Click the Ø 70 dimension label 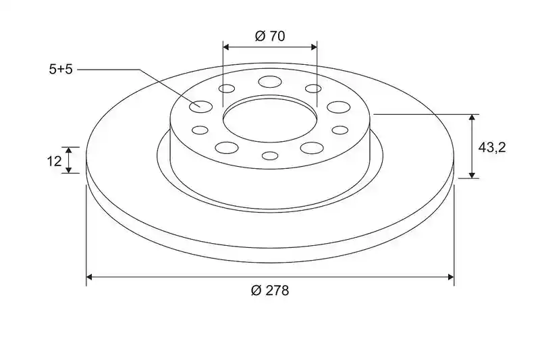point(270,36)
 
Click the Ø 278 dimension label point(270,290)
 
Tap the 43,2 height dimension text point(492,147)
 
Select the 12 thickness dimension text point(54,161)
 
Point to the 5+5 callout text point(61,70)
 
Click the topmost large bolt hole point(270,82)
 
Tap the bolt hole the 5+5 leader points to point(200,107)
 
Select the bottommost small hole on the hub point(270,156)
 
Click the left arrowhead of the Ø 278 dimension point(89,277)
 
